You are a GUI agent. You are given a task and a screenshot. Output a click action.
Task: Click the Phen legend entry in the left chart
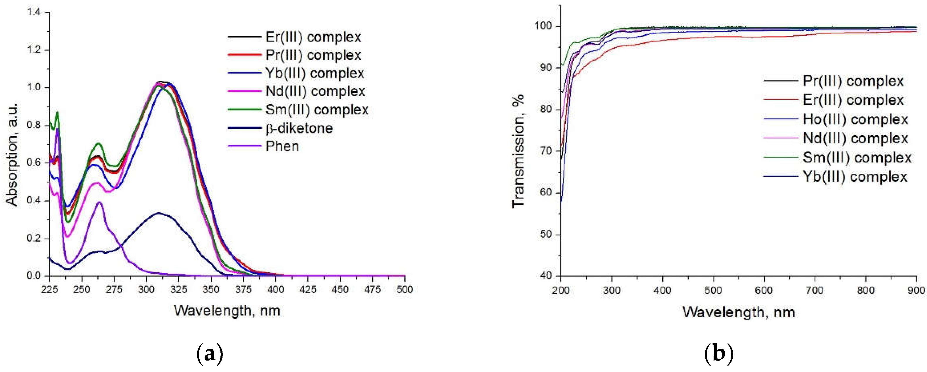[282, 146]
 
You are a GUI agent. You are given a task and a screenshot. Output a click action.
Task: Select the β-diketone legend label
[299, 128]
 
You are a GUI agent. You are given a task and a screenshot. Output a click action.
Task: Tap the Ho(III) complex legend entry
[855, 119]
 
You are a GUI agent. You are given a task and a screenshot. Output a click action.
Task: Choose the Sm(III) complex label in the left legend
[317, 110]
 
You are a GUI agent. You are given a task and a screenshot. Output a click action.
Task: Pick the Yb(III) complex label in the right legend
[855, 177]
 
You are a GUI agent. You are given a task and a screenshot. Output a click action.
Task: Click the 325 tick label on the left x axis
[178, 290]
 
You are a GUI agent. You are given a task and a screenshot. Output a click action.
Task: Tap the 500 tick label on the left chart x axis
[404, 290]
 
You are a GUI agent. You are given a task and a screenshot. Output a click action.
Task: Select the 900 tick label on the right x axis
[916, 290]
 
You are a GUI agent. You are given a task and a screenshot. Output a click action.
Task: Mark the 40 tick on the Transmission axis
[546, 276]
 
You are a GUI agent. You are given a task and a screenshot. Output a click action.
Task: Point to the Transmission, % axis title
[518, 151]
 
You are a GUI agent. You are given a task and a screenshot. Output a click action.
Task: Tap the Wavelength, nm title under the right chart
[739, 312]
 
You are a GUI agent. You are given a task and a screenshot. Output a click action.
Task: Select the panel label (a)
[210, 354]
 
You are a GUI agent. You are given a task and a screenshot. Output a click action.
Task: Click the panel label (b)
[718, 354]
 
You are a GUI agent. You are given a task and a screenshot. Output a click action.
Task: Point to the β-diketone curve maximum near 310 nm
[158, 213]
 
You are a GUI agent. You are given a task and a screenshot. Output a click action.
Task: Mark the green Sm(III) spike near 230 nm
[57, 113]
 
